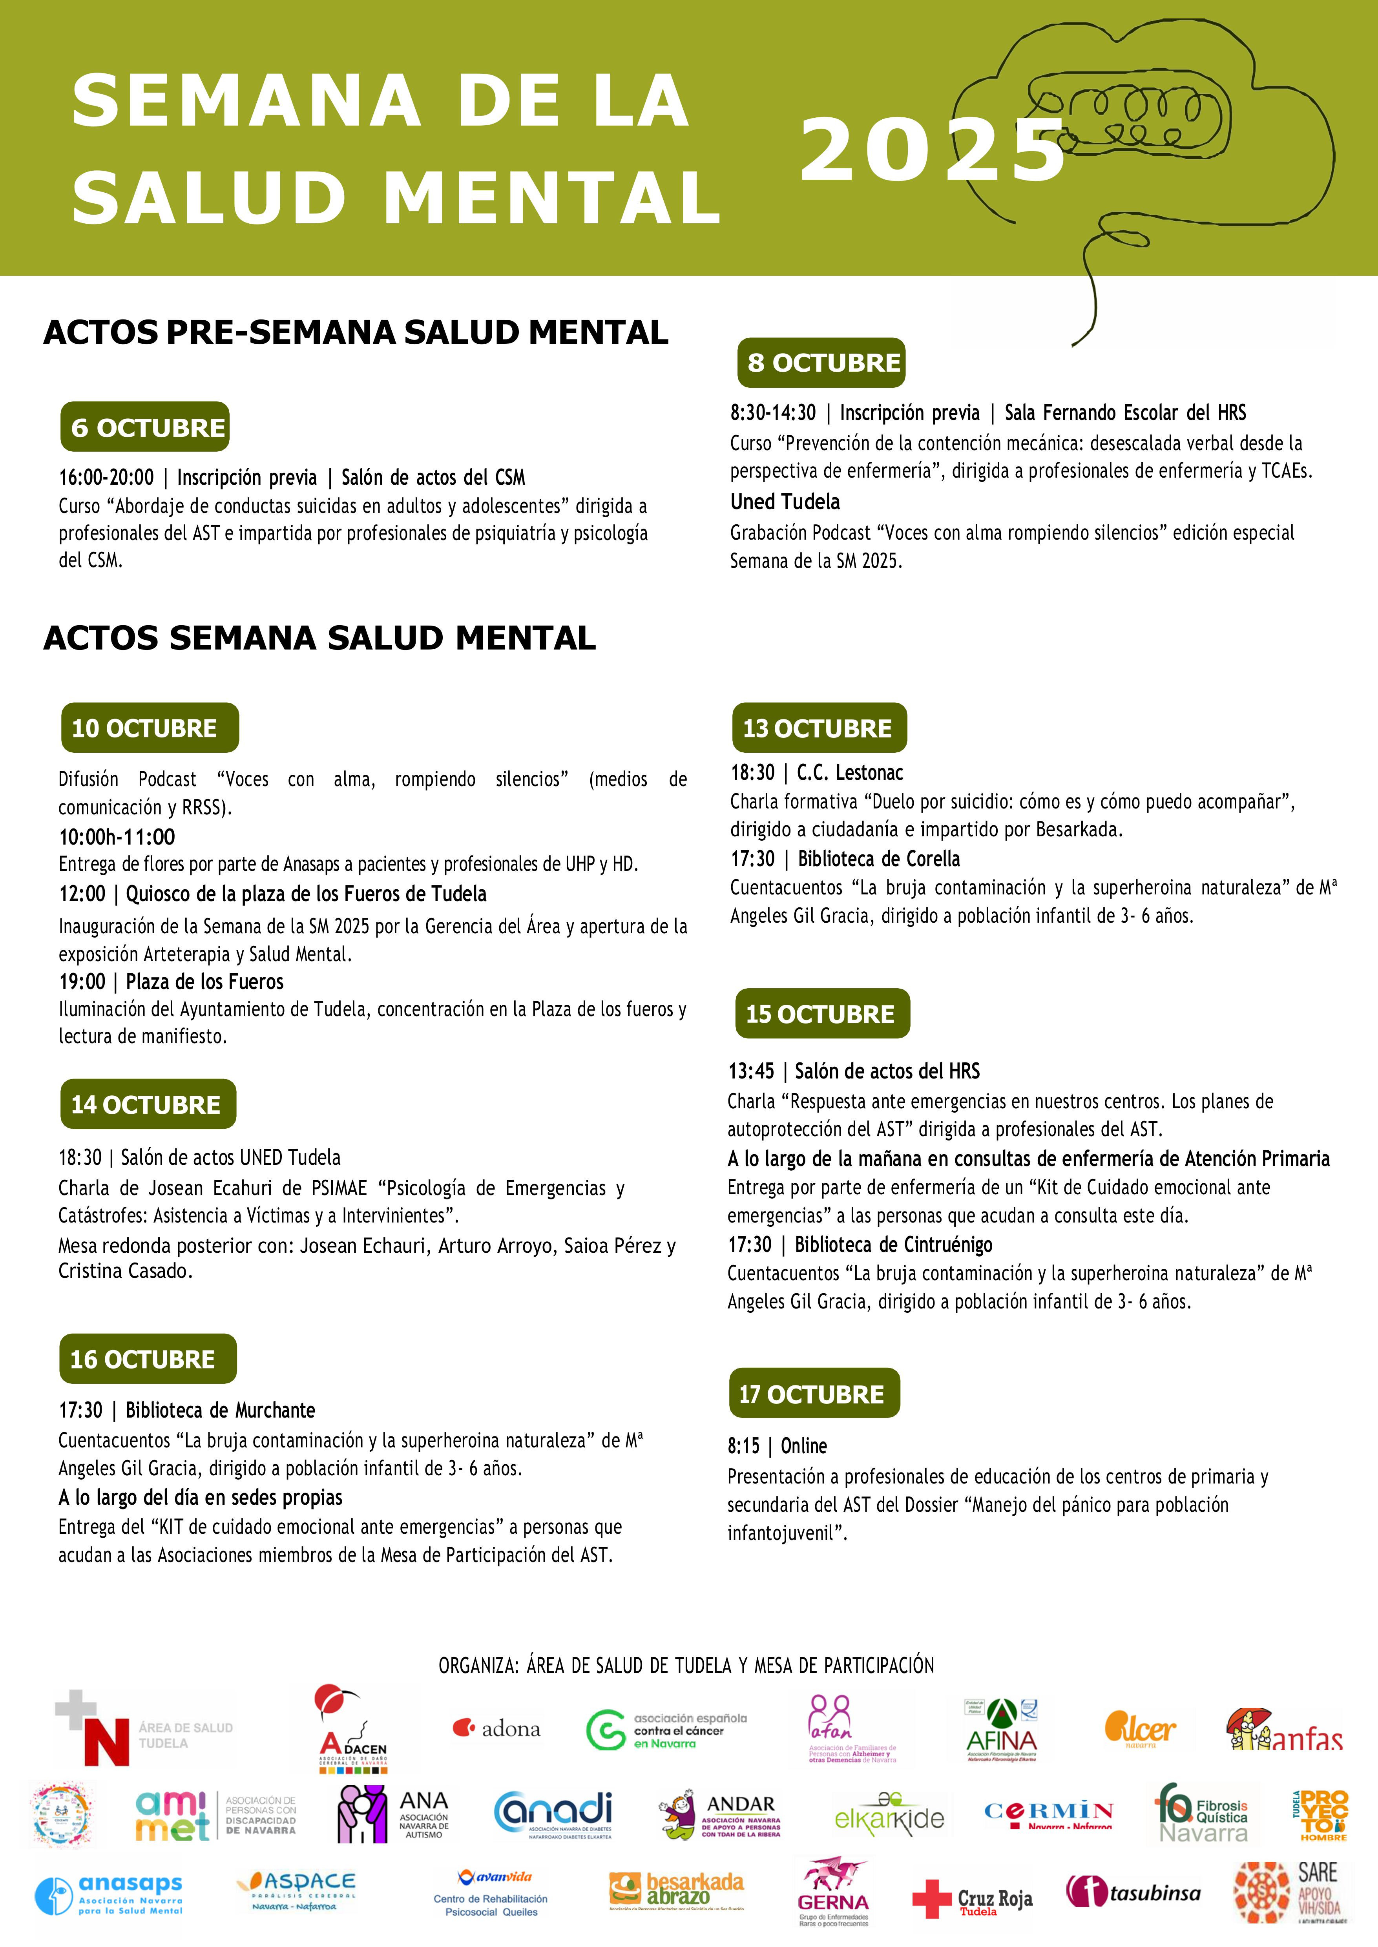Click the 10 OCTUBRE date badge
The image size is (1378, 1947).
pyautogui.click(x=150, y=728)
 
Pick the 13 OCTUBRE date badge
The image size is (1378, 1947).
pyautogui.click(x=819, y=728)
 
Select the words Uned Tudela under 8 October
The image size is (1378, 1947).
pyautogui.click(x=785, y=502)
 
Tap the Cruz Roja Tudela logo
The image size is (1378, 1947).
pyautogui.click(x=973, y=1899)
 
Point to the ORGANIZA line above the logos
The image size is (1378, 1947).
pyautogui.click(x=686, y=1665)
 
